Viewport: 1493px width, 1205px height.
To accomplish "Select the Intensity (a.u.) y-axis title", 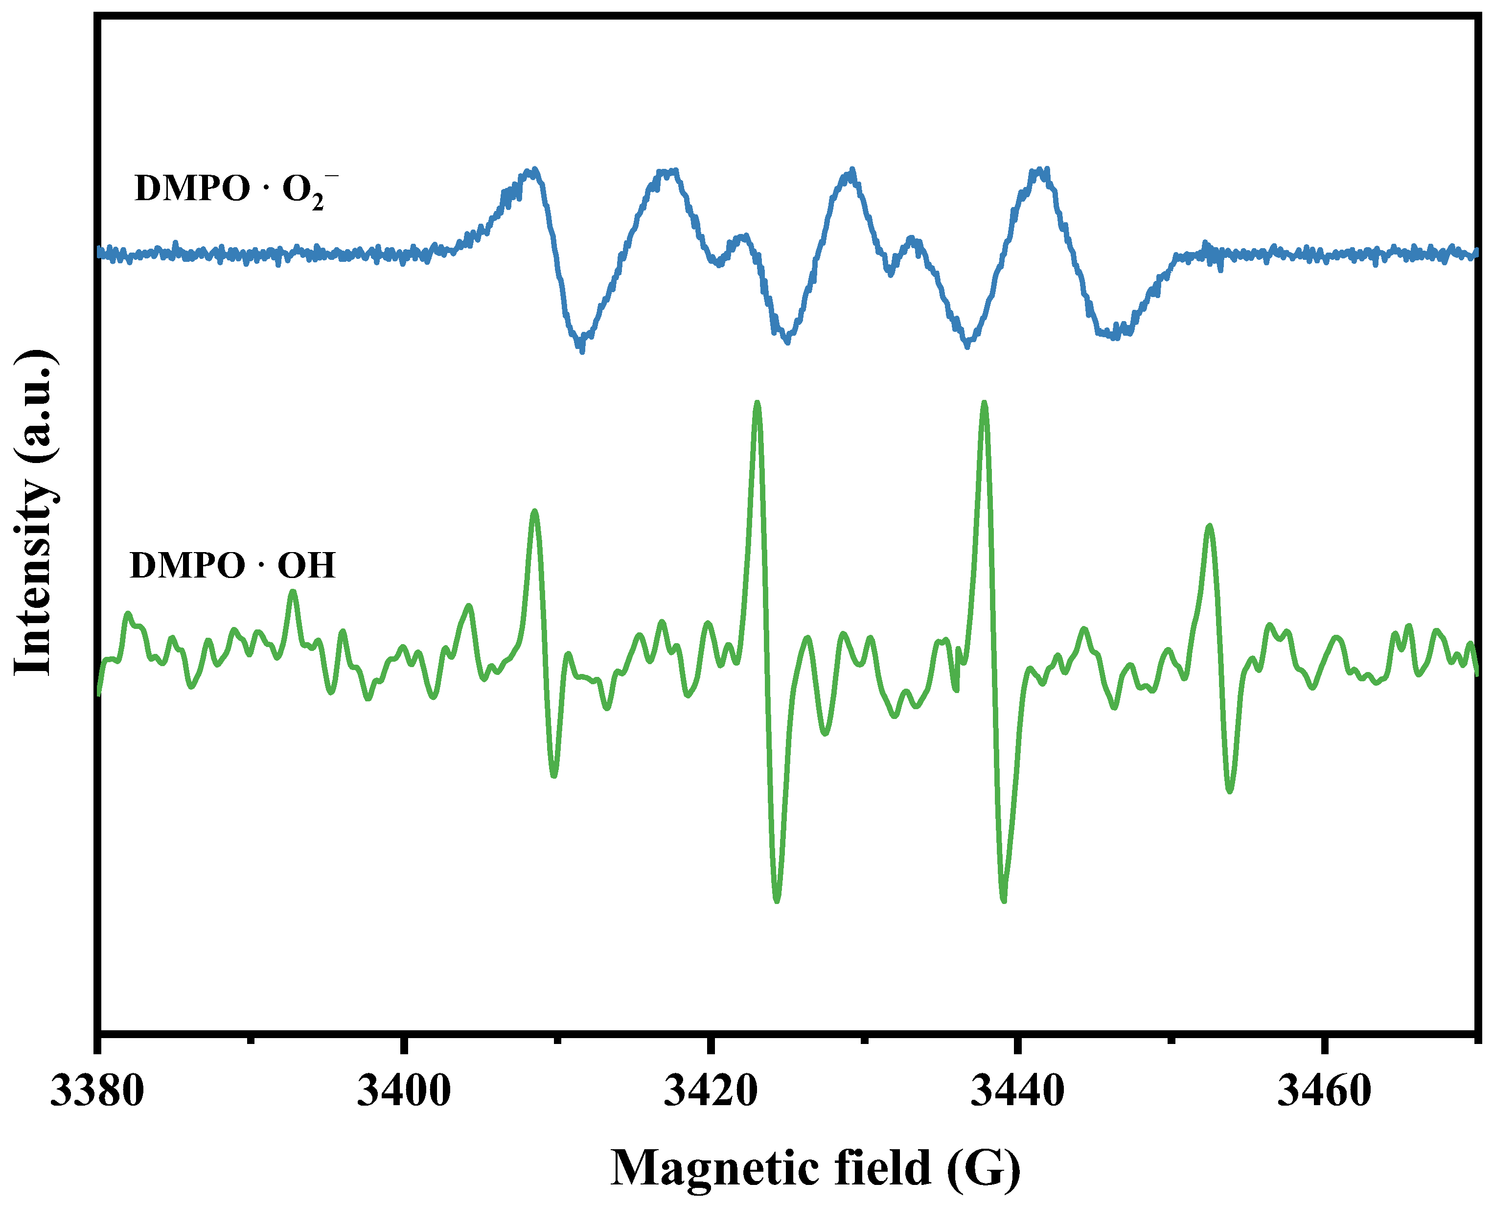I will pos(33,512).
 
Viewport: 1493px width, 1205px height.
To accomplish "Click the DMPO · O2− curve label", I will pos(236,189).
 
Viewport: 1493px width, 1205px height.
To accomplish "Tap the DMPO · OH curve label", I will pos(232,566).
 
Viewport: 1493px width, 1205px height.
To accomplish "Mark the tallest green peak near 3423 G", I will pos(757,404).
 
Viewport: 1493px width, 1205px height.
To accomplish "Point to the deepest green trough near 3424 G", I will pos(777,900).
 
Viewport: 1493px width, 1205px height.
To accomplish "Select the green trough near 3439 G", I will pos(1004,900).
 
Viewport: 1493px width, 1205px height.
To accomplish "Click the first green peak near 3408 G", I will pos(534,512).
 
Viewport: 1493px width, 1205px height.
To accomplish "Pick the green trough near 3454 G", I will pos(1230,790).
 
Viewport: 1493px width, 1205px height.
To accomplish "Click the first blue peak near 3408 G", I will pos(533,171).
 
